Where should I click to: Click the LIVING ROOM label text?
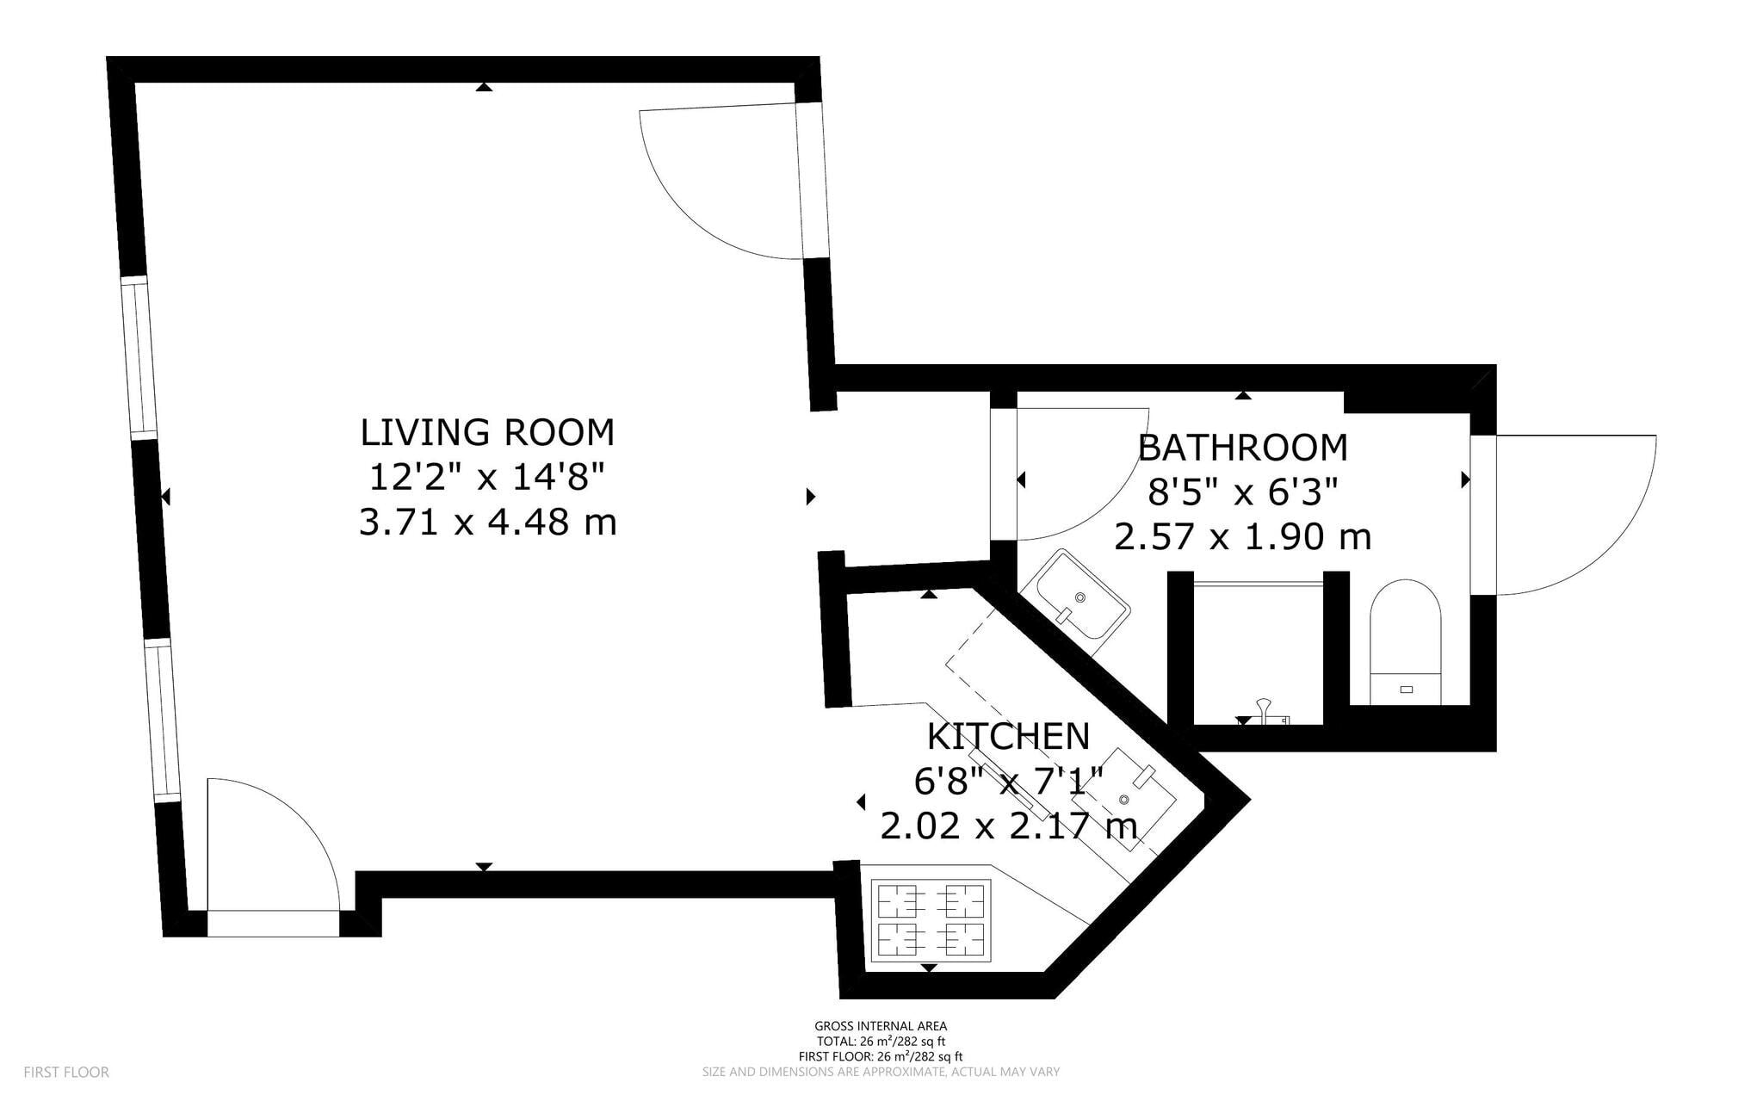coord(487,432)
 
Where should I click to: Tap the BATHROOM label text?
coord(1242,448)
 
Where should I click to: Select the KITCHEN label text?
coord(1008,737)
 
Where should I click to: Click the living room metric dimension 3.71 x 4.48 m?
coord(487,523)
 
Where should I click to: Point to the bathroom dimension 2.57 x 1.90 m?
coord(1242,537)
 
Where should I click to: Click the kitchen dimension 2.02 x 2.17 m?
coord(1008,827)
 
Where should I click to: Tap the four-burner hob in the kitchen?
coord(931,920)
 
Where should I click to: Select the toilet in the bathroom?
coord(1405,641)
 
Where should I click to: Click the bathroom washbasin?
coord(1081,595)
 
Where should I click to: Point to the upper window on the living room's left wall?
coord(139,356)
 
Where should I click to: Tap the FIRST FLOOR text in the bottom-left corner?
coord(66,1073)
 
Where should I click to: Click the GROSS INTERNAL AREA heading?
coord(881,1026)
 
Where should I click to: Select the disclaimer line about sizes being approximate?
coord(881,1073)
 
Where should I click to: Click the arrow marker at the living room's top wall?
coord(485,87)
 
